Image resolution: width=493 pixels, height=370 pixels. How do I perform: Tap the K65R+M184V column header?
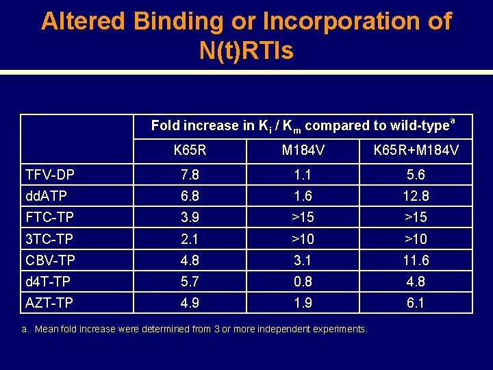(x=416, y=149)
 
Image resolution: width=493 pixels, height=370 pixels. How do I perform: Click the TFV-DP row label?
(x=50, y=175)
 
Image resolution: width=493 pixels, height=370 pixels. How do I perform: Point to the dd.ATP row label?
(x=47, y=197)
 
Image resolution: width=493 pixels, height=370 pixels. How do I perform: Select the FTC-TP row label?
(x=49, y=218)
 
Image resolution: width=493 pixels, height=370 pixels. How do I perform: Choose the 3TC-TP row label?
(x=49, y=239)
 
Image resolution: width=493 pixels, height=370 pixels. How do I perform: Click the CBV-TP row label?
(x=51, y=260)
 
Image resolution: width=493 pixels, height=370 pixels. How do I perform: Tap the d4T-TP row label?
(x=48, y=282)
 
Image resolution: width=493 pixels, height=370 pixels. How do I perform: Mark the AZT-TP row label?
(x=49, y=303)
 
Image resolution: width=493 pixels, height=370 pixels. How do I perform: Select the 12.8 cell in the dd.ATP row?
(x=416, y=197)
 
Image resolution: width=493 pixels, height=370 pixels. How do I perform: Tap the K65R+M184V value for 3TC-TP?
(x=416, y=239)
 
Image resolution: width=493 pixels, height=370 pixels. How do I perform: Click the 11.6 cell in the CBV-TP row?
(x=416, y=260)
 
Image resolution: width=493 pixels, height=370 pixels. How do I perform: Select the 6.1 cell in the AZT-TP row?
(x=416, y=303)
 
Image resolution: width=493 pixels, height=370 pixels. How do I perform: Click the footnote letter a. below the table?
(x=25, y=330)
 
